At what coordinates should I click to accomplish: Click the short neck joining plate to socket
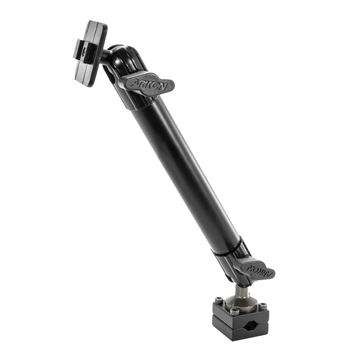tap(106, 56)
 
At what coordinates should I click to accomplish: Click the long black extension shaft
tap(184, 173)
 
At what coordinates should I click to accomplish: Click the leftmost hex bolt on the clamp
tap(219, 301)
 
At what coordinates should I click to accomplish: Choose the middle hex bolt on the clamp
tap(235, 311)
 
